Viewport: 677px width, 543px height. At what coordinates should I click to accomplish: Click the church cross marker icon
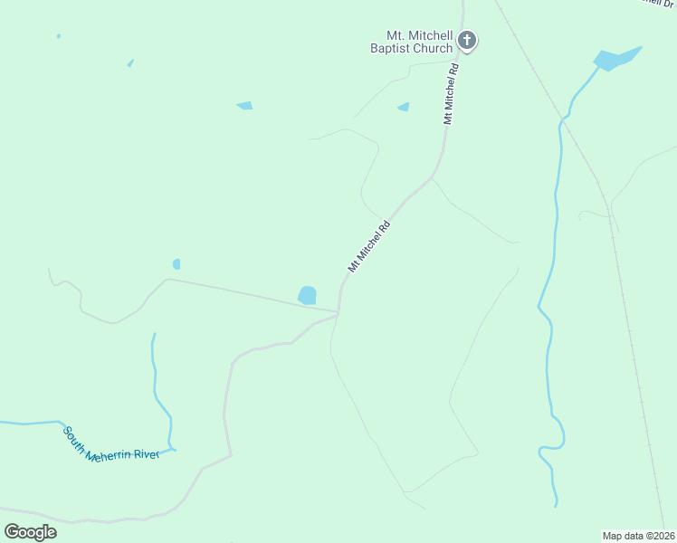tap(467, 39)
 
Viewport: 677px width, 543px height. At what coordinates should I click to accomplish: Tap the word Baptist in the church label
tap(392, 48)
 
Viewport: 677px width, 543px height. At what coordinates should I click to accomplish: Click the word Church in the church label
tap(433, 48)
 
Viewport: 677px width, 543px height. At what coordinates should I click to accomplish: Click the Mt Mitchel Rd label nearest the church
tap(452, 93)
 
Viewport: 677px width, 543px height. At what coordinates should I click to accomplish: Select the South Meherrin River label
tap(110, 444)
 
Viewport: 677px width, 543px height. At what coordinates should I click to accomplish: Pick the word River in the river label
tap(145, 453)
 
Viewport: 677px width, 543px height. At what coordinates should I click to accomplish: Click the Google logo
tap(30, 531)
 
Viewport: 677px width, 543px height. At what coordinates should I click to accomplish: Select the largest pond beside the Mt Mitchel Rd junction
tap(308, 295)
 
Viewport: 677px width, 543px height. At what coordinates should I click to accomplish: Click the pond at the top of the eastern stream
tap(616, 59)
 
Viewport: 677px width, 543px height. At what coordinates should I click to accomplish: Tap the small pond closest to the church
tap(404, 107)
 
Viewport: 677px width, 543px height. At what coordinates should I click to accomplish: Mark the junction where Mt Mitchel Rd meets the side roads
tap(338, 313)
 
